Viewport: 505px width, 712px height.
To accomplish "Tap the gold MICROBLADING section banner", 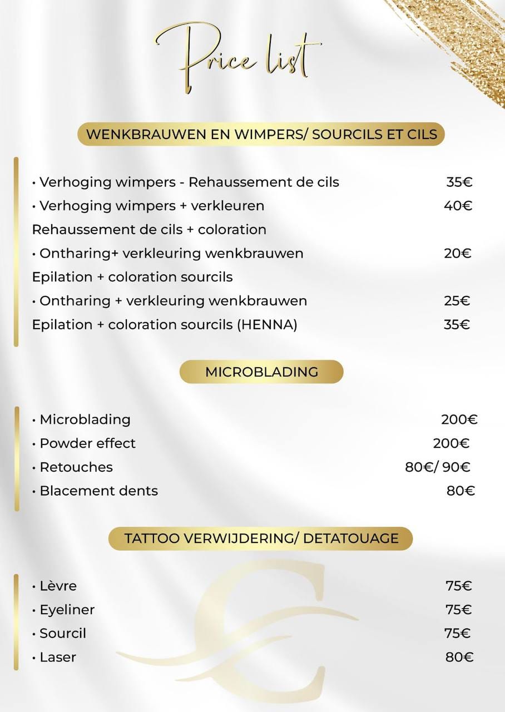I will pyautogui.click(x=261, y=372).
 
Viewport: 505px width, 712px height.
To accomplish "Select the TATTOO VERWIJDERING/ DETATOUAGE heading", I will pyautogui.click(x=261, y=538).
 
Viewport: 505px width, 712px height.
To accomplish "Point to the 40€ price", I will pyautogui.click(x=458, y=206).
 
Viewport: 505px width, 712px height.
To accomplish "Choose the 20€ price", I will pyautogui.click(x=458, y=254).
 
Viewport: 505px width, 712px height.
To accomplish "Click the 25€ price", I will pyautogui.click(x=457, y=301).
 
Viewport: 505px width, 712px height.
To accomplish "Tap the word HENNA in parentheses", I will pyautogui.click(x=267, y=324).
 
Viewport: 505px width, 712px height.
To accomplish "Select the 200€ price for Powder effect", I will pyautogui.click(x=451, y=443).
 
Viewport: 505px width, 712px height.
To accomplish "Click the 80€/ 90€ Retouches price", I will pyautogui.click(x=438, y=467).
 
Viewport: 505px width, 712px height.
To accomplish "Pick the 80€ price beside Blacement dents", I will pyautogui.click(x=461, y=491).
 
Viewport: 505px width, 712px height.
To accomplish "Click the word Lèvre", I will pyautogui.click(x=58, y=586).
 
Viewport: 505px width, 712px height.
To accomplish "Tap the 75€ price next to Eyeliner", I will pyautogui.click(x=458, y=610).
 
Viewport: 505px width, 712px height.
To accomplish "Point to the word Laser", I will pyautogui.click(x=58, y=657).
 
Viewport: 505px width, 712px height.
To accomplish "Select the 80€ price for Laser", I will pyautogui.click(x=459, y=657).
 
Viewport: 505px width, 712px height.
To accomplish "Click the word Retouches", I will pyautogui.click(x=76, y=467).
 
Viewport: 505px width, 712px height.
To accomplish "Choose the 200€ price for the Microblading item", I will pyautogui.click(x=459, y=419).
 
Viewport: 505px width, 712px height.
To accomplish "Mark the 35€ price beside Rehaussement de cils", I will pyautogui.click(x=459, y=182).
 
